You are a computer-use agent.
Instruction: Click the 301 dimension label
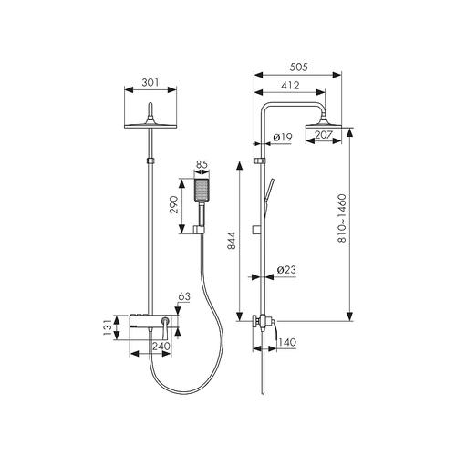[x=150, y=82]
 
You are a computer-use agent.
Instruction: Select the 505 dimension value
[x=298, y=67]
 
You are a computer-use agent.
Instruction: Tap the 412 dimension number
[x=290, y=86]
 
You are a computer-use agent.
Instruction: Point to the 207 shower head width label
[x=323, y=134]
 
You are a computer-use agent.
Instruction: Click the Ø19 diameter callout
[x=283, y=138]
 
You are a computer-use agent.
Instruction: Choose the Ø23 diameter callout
[x=286, y=270]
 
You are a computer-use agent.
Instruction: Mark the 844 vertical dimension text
[x=232, y=241]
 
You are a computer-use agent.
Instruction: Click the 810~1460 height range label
[x=342, y=218]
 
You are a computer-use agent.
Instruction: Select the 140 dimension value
[x=286, y=343]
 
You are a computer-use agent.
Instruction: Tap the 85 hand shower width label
[x=202, y=164]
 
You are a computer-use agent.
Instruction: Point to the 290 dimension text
[x=174, y=204]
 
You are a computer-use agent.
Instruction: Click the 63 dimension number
[x=184, y=296]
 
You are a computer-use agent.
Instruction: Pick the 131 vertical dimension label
[x=108, y=327]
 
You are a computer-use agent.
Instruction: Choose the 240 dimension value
[x=161, y=347]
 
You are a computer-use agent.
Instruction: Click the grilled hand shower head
[x=202, y=190]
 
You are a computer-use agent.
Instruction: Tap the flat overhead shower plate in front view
[x=150, y=126]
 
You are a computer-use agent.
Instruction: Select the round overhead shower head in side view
[x=324, y=125]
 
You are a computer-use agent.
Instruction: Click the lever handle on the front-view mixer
[x=165, y=328]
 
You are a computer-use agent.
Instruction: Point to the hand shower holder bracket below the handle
[x=200, y=230]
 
